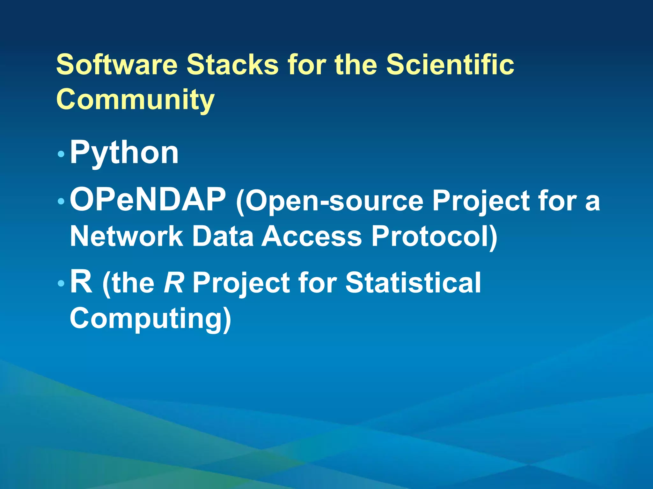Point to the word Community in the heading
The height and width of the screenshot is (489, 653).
tap(136, 99)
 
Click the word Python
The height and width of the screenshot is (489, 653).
tap(124, 153)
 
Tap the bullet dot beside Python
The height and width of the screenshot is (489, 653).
tap(61, 155)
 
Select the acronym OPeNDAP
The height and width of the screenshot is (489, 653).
tap(148, 200)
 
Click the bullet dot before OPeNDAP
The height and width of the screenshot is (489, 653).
tap(61, 202)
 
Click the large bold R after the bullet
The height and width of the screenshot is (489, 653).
tap(81, 282)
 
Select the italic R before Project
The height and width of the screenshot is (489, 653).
tap(174, 282)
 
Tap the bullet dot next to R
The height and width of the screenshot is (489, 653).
tap(61, 283)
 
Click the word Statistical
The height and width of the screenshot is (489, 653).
tap(413, 282)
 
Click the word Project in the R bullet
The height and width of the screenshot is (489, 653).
tap(241, 283)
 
